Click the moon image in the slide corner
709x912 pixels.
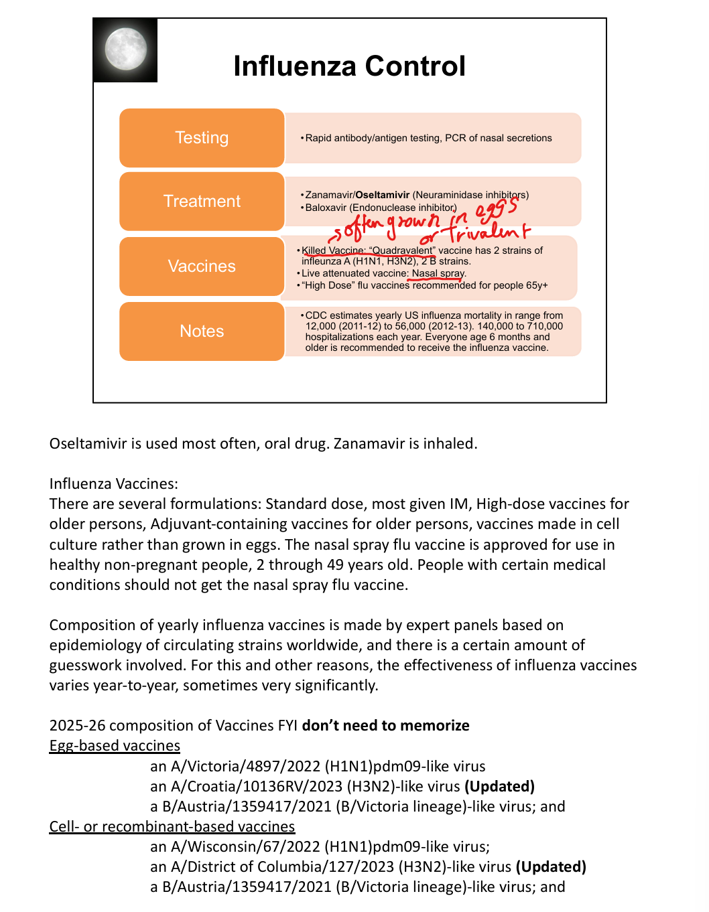[126, 50]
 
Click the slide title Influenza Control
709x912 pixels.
[349, 66]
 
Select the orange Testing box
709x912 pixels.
[202, 138]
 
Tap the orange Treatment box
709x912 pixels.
[202, 202]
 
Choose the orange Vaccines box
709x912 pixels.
[202, 267]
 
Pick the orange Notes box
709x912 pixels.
[202, 331]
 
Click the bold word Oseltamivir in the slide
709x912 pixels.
[382, 195]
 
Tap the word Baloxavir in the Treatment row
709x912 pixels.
[326, 208]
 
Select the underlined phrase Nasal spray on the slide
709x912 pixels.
[438, 273]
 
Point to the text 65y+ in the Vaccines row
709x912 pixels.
[537, 285]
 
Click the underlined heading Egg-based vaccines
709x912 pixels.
[115, 746]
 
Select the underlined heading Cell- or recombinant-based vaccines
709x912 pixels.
[172, 827]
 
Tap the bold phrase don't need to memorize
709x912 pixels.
[385, 726]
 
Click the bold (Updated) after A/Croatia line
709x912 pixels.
[499, 786]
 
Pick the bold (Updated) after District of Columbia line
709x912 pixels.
[551, 867]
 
